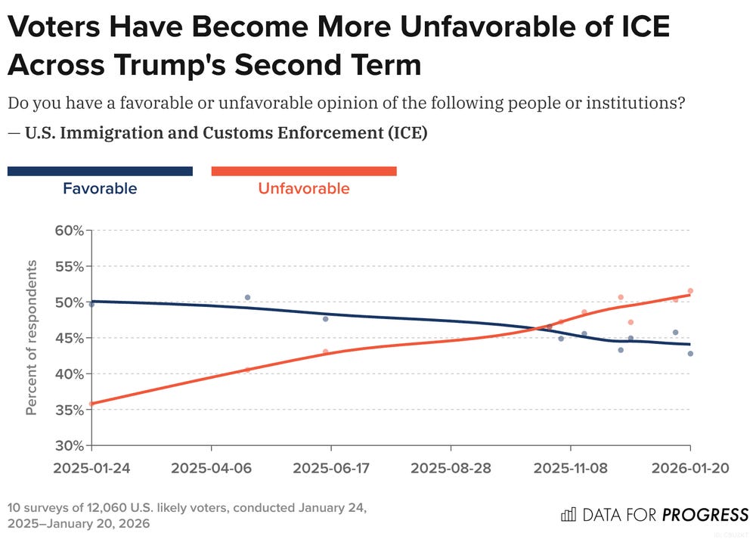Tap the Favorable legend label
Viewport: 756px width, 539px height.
point(100,189)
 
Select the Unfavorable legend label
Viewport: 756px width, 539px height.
point(304,189)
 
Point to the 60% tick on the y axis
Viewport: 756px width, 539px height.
point(68,230)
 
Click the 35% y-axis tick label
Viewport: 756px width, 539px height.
point(68,410)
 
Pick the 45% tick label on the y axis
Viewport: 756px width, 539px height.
point(68,338)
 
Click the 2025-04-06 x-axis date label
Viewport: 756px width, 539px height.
point(211,467)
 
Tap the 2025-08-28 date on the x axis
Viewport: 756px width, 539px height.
point(451,467)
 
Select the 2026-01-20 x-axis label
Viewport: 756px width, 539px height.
point(690,467)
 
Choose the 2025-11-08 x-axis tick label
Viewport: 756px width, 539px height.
point(571,467)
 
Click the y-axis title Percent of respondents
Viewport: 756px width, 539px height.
point(32,337)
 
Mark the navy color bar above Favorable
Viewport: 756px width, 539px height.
point(100,172)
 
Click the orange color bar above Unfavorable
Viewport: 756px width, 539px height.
point(304,172)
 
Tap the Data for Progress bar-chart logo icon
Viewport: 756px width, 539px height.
point(568,515)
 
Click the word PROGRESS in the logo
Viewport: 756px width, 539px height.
point(705,516)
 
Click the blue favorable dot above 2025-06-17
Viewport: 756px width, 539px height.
point(326,319)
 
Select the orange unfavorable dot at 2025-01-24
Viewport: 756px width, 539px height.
point(92,404)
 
